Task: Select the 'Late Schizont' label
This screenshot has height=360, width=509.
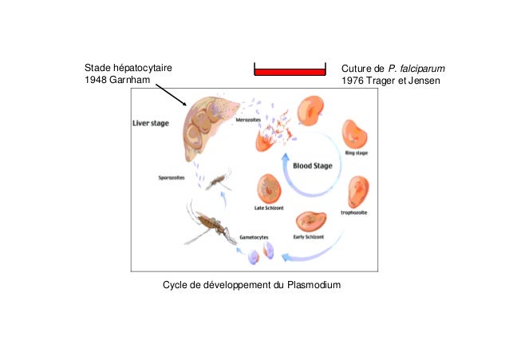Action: [x=269, y=209]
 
